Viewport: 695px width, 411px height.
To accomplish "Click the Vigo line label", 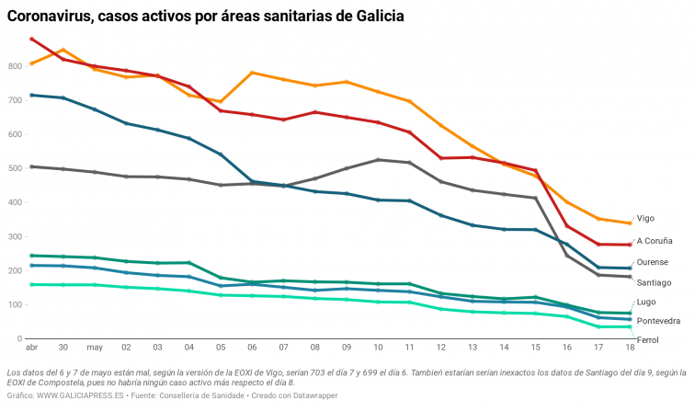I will [645, 219].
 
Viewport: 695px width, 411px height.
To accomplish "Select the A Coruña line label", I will [655, 241].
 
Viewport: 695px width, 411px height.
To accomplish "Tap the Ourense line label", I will [652, 262].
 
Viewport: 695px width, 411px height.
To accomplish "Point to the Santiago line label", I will [654, 282].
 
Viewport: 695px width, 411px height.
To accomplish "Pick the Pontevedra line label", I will [658, 321].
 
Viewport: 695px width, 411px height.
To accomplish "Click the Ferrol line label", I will [647, 340].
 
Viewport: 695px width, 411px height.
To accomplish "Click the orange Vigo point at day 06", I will [251, 73].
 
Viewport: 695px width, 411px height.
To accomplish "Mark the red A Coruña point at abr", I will [31, 39].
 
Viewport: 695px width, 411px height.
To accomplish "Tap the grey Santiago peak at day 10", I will [378, 160].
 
